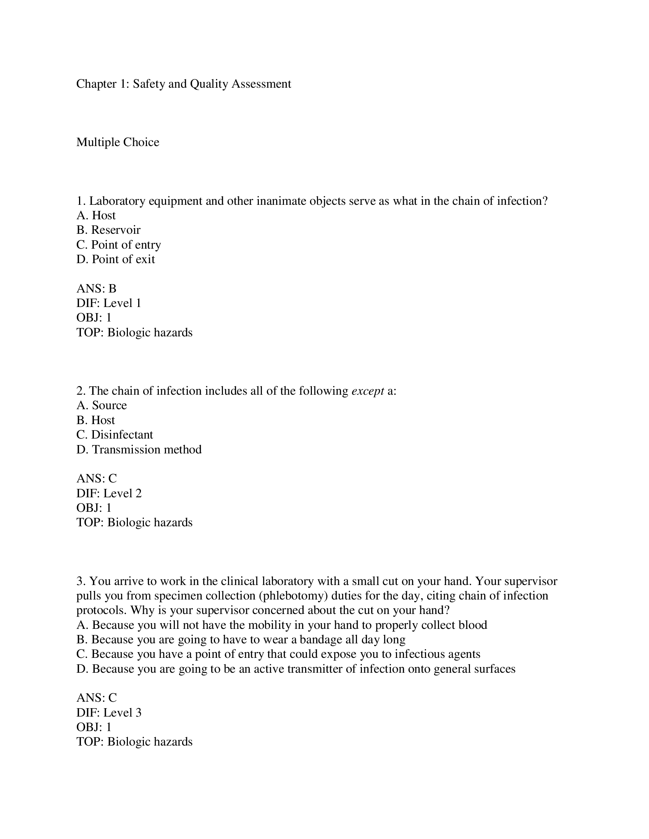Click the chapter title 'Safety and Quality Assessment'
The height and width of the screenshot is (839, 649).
[x=183, y=84]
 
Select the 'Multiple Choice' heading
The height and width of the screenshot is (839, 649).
[x=118, y=142]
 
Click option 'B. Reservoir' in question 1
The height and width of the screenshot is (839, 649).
[x=108, y=230]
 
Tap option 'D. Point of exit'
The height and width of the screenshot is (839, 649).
[x=115, y=259]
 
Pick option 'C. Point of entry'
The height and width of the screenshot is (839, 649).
[x=118, y=245]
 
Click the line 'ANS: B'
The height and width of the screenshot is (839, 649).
[x=96, y=289]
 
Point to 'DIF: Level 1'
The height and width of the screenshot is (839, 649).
[x=109, y=303]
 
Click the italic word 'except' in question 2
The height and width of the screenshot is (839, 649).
[x=368, y=391]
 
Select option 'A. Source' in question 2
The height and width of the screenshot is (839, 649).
[x=102, y=406]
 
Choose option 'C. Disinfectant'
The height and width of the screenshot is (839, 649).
[x=115, y=435]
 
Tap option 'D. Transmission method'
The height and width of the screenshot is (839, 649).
[x=139, y=450]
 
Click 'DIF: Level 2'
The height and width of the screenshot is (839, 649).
[x=109, y=493]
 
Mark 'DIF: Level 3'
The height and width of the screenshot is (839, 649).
[x=109, y=713]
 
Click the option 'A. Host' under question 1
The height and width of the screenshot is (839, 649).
[x=96, y=215]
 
